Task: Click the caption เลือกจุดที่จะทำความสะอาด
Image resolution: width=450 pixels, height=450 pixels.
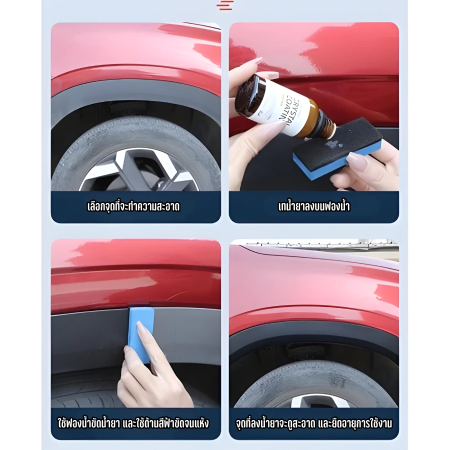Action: (133, 206)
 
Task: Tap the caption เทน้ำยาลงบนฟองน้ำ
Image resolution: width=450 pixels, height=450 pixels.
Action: (314, 206)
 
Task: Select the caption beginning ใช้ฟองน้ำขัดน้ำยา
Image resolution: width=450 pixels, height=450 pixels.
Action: (133, 423)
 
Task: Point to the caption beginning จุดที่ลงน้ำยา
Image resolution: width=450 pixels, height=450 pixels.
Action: (314, 423)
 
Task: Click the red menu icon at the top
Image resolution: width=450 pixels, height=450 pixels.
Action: (224, 5)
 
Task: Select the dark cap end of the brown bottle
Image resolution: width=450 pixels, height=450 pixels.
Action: (247, 93)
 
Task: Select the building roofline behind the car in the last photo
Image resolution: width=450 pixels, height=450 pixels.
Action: (318, 243)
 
